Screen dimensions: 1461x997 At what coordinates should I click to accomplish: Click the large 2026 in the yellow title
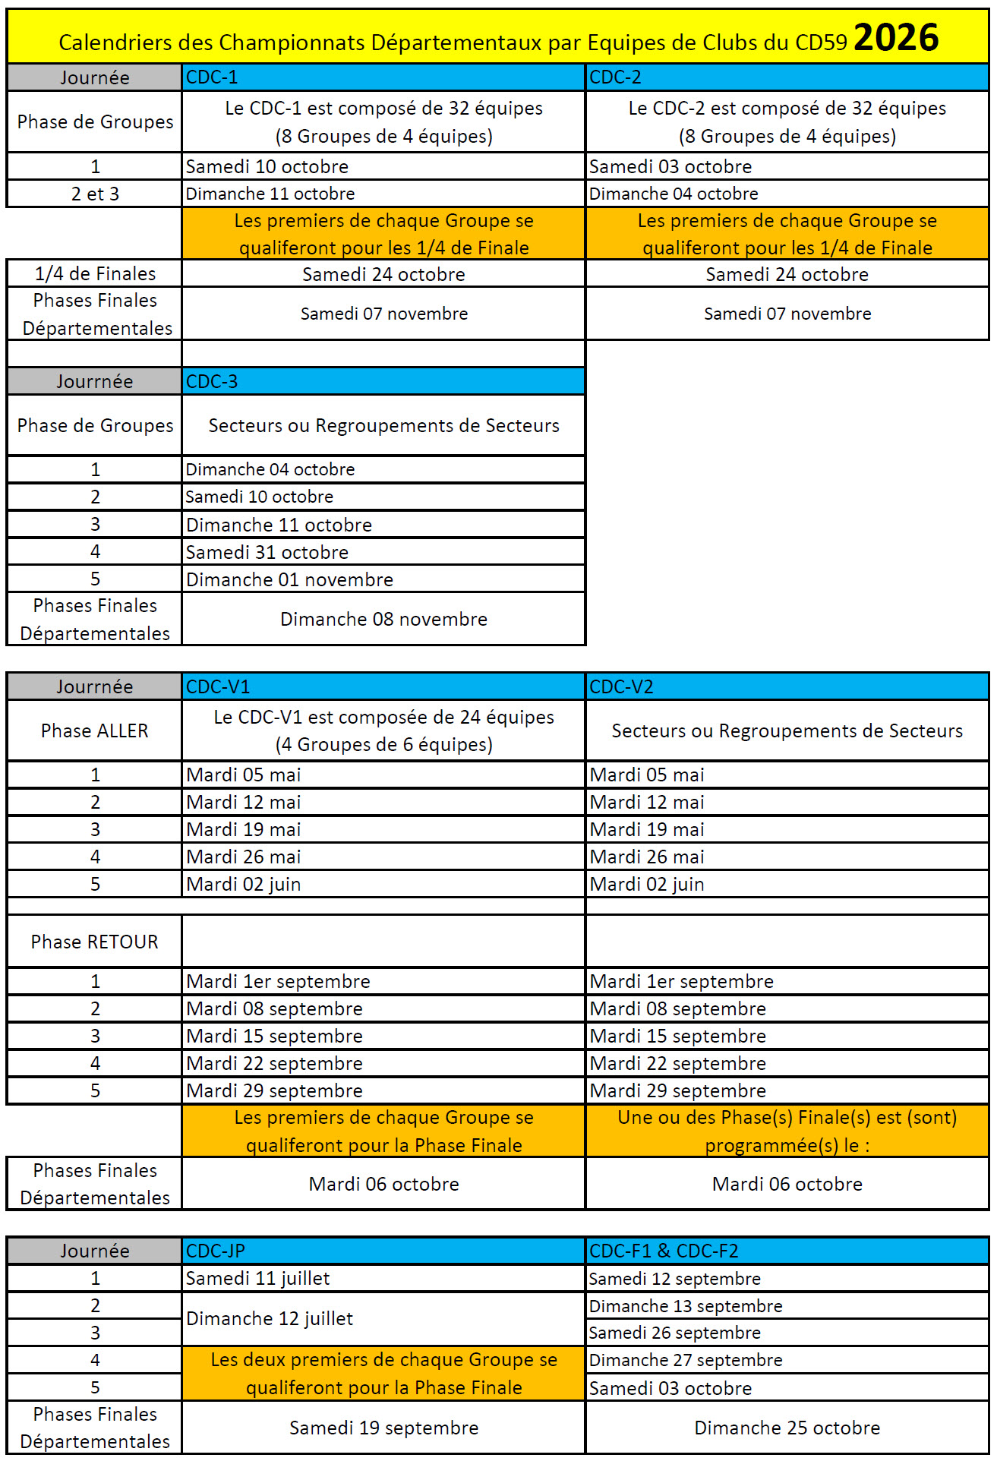(895, 37)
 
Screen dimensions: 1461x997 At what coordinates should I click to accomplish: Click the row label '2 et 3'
(95, 194)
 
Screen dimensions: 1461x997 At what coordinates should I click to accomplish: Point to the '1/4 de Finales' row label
(95, 273)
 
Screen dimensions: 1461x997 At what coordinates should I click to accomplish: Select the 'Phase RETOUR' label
(95, 942)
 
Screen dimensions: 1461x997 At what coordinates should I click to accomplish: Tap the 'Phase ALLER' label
(95, 730)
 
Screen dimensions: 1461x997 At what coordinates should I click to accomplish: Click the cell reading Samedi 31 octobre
(267, 552)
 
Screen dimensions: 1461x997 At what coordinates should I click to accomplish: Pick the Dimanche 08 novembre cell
(383, 619)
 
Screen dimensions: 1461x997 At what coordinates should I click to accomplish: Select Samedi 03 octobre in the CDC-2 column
(670, 166)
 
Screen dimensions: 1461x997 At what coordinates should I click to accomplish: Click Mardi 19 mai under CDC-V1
(244, 829)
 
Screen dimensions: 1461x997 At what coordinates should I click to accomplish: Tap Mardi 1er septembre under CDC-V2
(681, 981)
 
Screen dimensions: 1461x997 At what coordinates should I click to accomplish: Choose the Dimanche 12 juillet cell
(270, 1318)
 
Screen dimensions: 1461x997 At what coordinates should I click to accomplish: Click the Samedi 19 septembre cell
(383, 1428)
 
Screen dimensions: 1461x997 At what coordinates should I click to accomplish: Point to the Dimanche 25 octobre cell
(787, 1428)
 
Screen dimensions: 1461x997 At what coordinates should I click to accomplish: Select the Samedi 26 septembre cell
(674, 1333)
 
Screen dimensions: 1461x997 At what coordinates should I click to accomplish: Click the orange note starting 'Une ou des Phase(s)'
(787, 1131)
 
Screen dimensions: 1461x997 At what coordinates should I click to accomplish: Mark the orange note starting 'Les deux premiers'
(383, 1373)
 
